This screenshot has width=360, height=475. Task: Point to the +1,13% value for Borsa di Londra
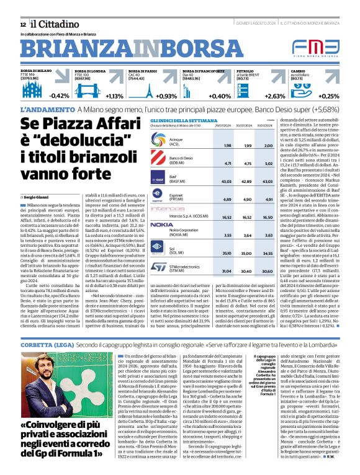tap(115, 96)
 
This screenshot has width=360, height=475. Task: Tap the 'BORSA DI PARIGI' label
tap(142, 71)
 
